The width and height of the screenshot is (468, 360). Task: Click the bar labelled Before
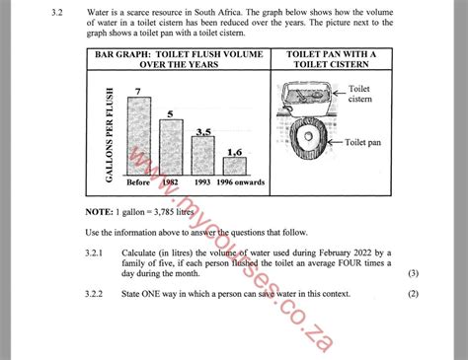142,137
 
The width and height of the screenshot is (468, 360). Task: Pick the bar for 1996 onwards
234,167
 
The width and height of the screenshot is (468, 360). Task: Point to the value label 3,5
203,131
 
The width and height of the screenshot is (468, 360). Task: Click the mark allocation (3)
413,273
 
